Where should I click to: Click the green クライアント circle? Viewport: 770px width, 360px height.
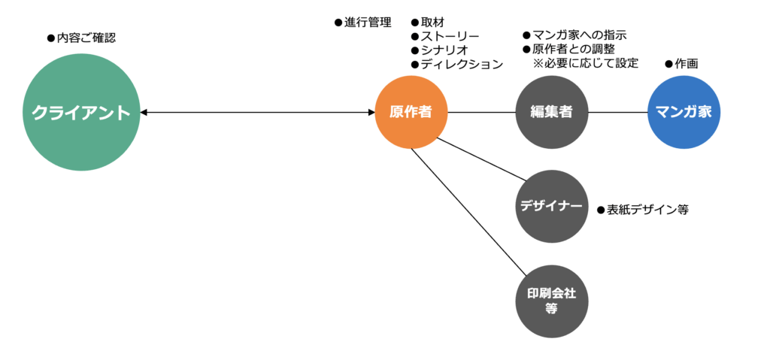[x=81, y=113]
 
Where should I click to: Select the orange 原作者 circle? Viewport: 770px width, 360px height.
[x=411, y=113]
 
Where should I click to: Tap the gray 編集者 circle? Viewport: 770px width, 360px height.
[x=552, y=113]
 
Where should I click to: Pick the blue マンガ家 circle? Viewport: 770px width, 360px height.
[x=684, y=113]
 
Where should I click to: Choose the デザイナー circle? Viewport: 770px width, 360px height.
[x=552, y=206]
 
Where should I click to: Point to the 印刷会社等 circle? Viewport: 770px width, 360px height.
[x=551, y=301]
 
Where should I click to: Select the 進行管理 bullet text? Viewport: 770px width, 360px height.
[x=363, y=23]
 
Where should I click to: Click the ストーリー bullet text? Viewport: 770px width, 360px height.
[x=444, y=36]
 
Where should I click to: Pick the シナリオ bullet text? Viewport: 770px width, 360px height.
[x=438, y=50]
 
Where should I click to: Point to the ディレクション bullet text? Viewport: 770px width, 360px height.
[x=456, y=64]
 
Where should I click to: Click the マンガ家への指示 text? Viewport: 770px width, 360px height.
[x=574, y=35]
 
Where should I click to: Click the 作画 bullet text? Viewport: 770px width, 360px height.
[x=681, y=64]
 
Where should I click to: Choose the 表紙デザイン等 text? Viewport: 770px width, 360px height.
[x=642, y=210]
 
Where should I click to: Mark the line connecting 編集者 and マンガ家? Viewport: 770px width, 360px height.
[x=617, y=113]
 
